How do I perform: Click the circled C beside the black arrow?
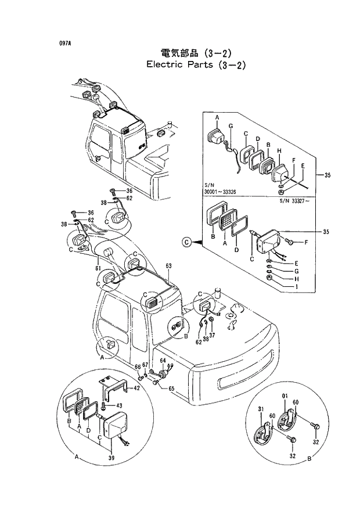[187, 241]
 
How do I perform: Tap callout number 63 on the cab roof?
[169, 266]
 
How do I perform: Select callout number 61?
[99, 268]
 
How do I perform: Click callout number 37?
[212, 335]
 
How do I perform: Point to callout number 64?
[163, 361]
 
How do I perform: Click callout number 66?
[138, 366]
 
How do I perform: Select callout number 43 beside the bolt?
[119, 405]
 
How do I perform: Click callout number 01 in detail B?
[285, 397]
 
